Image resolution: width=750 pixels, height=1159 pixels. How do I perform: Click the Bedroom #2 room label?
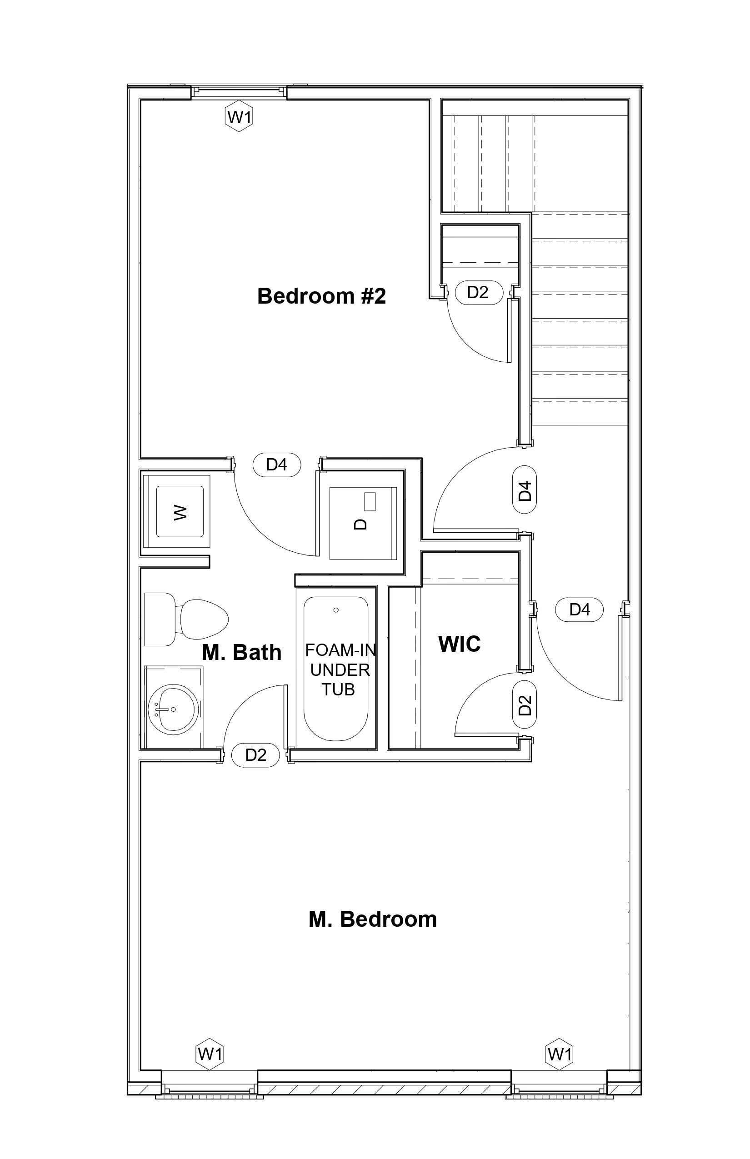click(321, 296)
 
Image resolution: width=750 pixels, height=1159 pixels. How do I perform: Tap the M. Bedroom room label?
click(373, 919)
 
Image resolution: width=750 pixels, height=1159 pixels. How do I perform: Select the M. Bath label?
click(241, 652)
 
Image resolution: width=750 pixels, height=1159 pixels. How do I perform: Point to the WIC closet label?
click(459, 644)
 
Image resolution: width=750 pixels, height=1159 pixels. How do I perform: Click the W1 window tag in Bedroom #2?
click(239, 117)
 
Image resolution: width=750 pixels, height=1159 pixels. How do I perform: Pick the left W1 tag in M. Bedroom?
click(210, 1054)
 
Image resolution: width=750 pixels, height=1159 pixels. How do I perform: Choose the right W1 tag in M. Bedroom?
click(559, 1054)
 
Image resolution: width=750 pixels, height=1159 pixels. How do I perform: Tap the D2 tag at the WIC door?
click(525, 704)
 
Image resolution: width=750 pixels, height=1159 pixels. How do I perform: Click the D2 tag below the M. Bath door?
click(255, 755)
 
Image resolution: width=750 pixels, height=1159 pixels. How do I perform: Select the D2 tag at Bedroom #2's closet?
click(478, 292)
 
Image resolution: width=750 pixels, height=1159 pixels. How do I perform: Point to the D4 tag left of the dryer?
click(277, 465)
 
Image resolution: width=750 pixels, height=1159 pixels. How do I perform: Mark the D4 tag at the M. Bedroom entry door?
click(580, 609)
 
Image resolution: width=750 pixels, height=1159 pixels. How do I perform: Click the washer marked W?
click(180, 512)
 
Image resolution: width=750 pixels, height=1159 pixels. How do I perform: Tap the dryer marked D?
click(363, 524)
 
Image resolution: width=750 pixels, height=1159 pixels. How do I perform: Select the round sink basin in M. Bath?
click(173, 709)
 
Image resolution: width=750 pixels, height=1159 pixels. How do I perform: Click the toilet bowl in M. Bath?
click(205, 619)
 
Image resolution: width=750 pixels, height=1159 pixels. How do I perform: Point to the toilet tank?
click(159, 619)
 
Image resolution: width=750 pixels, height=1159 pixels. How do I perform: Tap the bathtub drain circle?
click(335, 610)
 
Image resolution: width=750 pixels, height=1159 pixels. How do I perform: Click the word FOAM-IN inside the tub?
click(340, 650)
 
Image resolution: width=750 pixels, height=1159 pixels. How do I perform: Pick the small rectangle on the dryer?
click(370, 502)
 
